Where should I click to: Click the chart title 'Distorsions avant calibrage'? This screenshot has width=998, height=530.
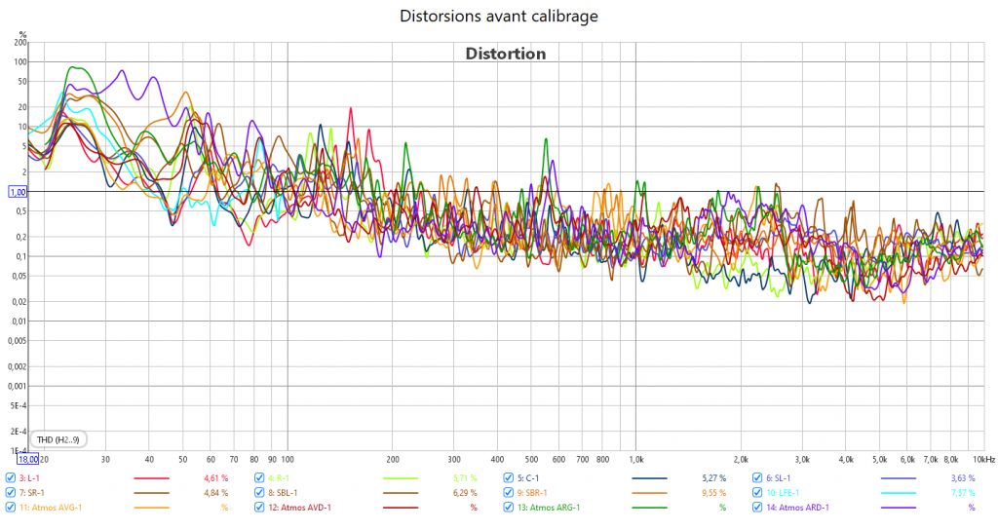pos(498,17)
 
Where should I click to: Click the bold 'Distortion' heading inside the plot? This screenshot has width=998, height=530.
pos(505,54)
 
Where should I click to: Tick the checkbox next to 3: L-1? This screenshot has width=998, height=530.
pos(11,478)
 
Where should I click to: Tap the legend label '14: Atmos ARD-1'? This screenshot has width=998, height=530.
pos(805,508)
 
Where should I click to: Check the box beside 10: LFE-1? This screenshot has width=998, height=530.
pos(757,493)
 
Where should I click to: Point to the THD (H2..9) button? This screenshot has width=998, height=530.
pos(58,439)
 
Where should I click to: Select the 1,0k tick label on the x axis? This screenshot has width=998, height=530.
pos(635,458)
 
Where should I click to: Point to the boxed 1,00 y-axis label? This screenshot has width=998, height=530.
pos(19,192)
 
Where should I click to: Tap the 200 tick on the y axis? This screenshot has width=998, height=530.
pos(20,43)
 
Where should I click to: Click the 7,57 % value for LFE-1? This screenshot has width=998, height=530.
pos(962,493)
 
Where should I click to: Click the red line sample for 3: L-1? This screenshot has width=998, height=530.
pos(151,478)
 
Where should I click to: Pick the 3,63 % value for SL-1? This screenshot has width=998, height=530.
pos(962,478)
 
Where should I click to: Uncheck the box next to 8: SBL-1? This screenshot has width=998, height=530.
pos(259,493)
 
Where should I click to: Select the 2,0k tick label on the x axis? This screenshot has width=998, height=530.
pos(741,458)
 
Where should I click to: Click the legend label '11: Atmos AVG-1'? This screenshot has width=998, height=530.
pos(51,508)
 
